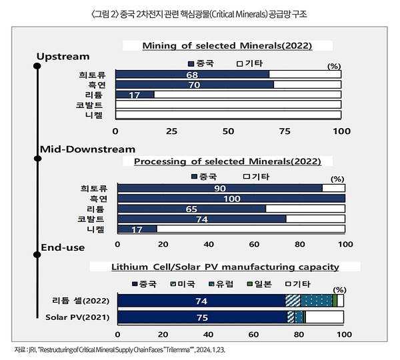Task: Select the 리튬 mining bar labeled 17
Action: (134, 95)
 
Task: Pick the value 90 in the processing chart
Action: (219, 189)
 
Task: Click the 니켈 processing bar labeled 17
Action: (136, 229)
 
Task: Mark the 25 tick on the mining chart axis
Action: (172, 131)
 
